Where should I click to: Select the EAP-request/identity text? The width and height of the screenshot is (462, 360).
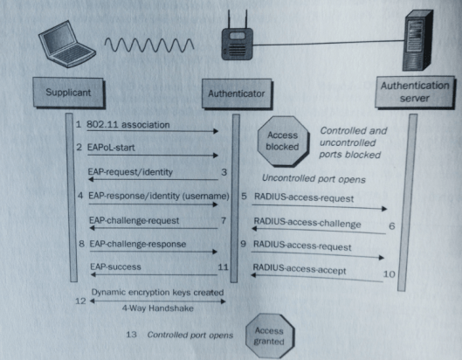click(130, 170)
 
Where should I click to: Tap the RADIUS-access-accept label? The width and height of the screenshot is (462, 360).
click(300, 271)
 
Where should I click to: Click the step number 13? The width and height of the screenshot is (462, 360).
click(130, 334)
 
